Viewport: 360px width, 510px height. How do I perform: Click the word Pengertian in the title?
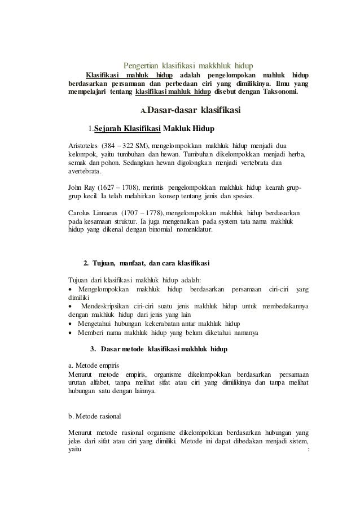pos(139,64)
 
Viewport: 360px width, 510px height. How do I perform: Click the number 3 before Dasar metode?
pos(93,350)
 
